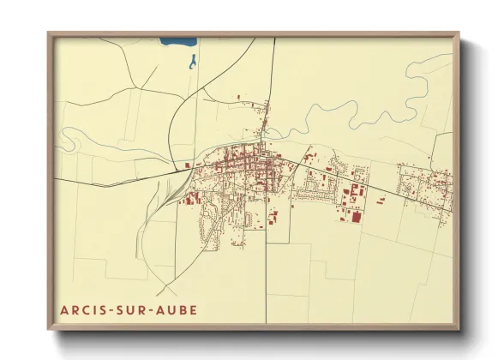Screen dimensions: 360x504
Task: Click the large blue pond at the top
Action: [177, 41]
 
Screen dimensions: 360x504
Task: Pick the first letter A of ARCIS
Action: [64, 309]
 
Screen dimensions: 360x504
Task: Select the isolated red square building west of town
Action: [186, 165]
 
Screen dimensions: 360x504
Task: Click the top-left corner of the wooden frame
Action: [49, 34]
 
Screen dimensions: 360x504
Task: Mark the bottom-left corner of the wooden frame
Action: [49, 329]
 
